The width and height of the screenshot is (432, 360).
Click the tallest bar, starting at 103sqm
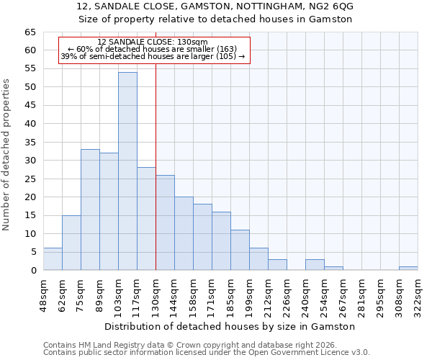coord(127,171)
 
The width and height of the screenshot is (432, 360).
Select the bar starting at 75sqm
coord(90,210)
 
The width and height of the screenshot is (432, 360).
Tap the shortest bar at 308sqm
coord(408,269)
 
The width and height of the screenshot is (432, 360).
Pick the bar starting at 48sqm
coord(53,259)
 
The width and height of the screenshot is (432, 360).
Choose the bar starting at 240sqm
coord(315,265)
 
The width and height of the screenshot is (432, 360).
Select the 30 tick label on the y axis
coord(30,161)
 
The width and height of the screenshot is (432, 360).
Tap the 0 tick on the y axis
coord(33,271)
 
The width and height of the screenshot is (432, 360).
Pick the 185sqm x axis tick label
coord(230,295)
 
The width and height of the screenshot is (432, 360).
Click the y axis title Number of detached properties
coord(7,155)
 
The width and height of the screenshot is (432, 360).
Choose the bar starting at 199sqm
coord(258,259)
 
